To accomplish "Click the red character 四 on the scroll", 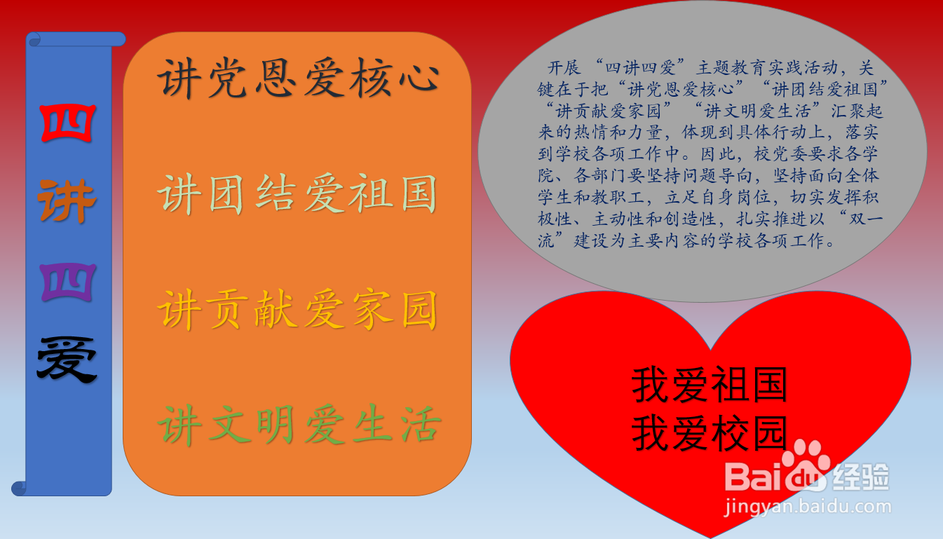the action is coord(67,123).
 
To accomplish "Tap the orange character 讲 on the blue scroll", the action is coord(67,200).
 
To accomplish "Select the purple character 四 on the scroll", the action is coord(67,282).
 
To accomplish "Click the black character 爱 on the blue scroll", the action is coord(67,360).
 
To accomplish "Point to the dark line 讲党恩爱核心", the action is coord(299,79).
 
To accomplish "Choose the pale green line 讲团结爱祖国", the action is coord(297,194).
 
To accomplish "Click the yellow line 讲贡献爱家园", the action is coord(297,309).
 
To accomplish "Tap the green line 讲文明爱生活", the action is coord(299,424).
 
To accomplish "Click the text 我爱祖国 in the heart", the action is coord(710,385).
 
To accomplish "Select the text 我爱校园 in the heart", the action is coord(710,433).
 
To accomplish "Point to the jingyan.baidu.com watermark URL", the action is coord(808,506).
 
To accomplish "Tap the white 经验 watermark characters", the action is coord(862,477).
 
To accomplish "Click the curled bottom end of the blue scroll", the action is coord(19,488).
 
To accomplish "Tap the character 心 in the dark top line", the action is coord(419,79).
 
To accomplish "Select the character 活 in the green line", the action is coord(420,424).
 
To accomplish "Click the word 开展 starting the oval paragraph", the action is coord(564,67).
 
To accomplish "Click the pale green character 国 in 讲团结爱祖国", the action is coord(419,194).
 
